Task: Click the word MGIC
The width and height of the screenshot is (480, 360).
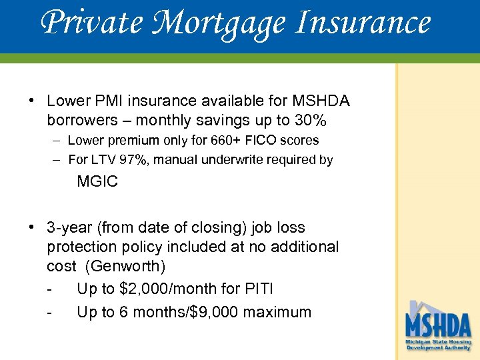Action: pyautogui.click(x=97, y=181)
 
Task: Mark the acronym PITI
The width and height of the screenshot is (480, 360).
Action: pyautogui.click(x=259, y=289)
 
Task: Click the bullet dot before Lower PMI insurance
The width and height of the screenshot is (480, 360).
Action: pyautogui.click(x=31, y=101)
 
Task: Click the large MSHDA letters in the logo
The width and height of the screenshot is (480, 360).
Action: pyautogui.click(x=438, y=326)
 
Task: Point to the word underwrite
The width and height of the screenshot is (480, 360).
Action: pyautogui.click(x=229, y=160)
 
